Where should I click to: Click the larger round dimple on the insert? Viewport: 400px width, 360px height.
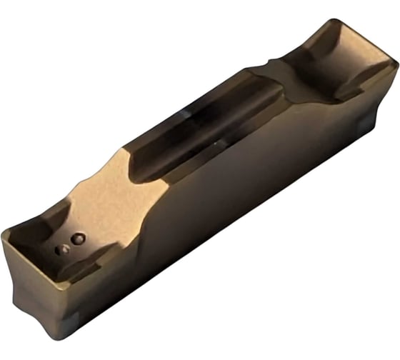(x=78, y=238)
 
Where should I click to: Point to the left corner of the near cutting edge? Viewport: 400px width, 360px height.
(x=5, y=233)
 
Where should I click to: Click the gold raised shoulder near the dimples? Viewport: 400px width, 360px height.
(x=100, y=193)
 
